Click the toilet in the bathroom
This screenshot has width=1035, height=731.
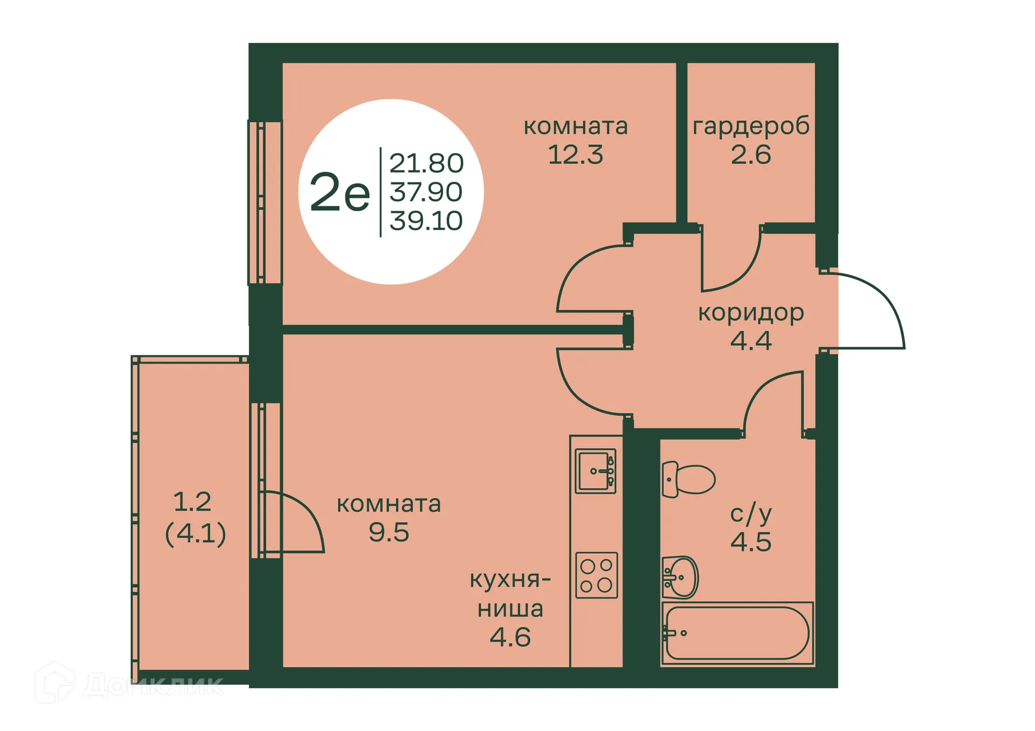coord(688,479)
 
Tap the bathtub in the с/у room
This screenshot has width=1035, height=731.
coord(737,633)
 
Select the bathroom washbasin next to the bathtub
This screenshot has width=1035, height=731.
coord(680,577)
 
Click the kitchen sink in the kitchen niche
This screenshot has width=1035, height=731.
coord(595,471)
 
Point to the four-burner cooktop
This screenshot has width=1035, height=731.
coord(596,575)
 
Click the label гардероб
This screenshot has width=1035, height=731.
coord(751,126)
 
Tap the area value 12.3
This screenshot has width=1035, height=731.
coord(575,155)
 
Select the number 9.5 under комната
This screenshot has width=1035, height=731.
coord(389,532)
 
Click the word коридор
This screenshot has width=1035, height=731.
coord(751,312)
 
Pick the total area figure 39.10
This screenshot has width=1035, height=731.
coord(426,221)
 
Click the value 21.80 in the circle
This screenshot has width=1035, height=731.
coord(426,163)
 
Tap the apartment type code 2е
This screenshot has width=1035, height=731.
coord(340,192)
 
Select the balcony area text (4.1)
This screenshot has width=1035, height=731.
coord(195,534)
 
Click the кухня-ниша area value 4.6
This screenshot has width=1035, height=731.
coord(510,637)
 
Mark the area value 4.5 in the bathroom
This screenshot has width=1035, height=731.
coord(751,541)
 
